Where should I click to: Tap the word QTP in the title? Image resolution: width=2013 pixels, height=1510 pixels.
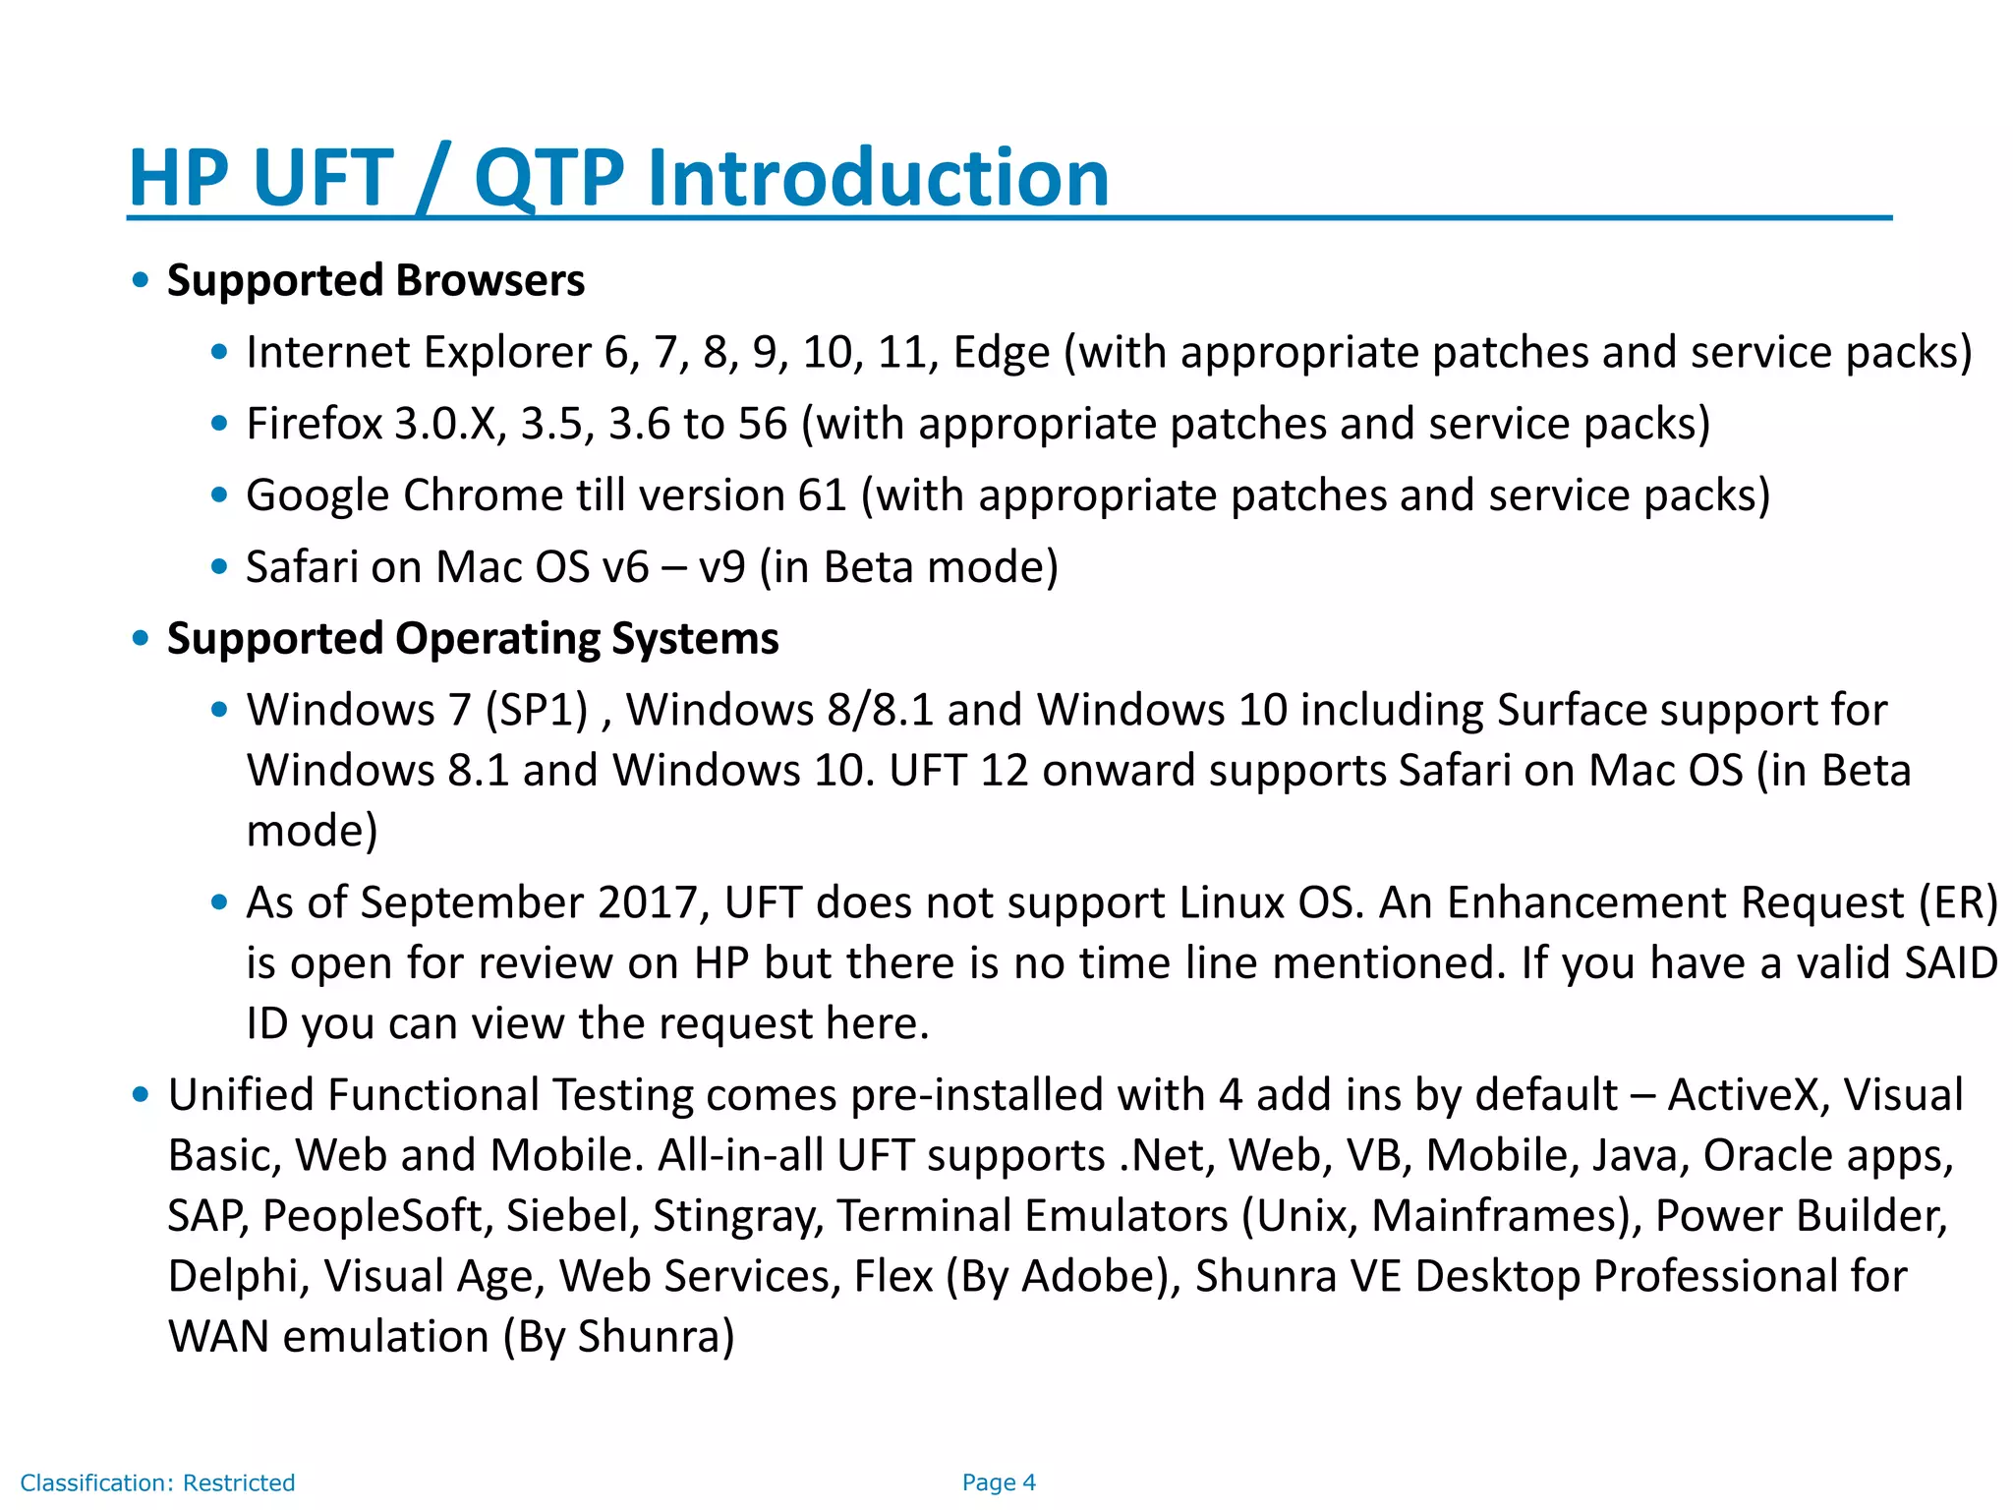click(x=547, y=178)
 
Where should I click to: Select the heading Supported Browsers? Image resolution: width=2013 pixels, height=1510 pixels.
click(x=375, y=280)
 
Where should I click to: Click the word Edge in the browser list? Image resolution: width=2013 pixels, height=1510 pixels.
click(x=1001, y=353)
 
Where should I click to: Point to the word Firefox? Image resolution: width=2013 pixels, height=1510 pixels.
click(x=314, y=424)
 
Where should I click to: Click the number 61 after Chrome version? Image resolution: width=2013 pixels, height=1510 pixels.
click(x=822, y=495)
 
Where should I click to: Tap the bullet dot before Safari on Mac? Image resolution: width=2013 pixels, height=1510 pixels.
click(x=219, y=566)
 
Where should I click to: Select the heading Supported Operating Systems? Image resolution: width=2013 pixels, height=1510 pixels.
click(x=473, y=639)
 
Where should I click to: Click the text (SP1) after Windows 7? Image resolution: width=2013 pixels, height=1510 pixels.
click(x=537, y=710)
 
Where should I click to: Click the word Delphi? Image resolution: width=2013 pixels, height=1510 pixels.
click(x=232, y=1276)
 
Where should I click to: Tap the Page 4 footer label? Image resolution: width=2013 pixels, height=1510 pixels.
click(x=999, y=1482)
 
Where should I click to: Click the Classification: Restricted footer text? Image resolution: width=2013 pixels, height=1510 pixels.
click(x=157, y=1482)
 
